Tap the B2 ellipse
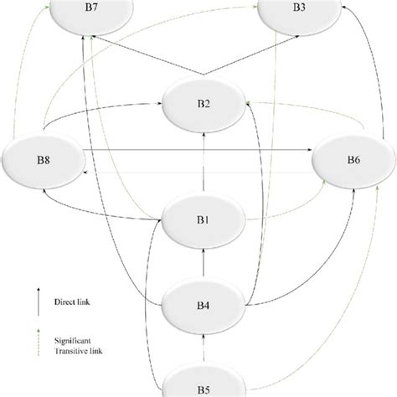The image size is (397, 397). (204, 104)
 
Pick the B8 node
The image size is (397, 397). (44, 160)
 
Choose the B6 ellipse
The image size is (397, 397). (353, 160)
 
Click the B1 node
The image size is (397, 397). (204, 220)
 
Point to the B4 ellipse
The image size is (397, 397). (204, 306)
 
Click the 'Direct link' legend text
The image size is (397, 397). (72, 302)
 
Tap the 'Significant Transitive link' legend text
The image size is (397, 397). (78, 346)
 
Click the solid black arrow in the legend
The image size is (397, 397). (39, 302)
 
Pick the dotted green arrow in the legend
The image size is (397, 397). (39, 343)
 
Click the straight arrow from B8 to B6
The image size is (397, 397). (198, 150)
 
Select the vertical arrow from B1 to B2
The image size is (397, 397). (204, 162)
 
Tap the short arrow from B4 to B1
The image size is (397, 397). (204, 263)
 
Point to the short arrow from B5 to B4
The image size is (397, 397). (204, 348)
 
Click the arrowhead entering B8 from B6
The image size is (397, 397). (85, 173)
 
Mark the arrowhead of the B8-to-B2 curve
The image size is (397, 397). (160, 104)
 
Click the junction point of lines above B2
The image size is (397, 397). (204, 75)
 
